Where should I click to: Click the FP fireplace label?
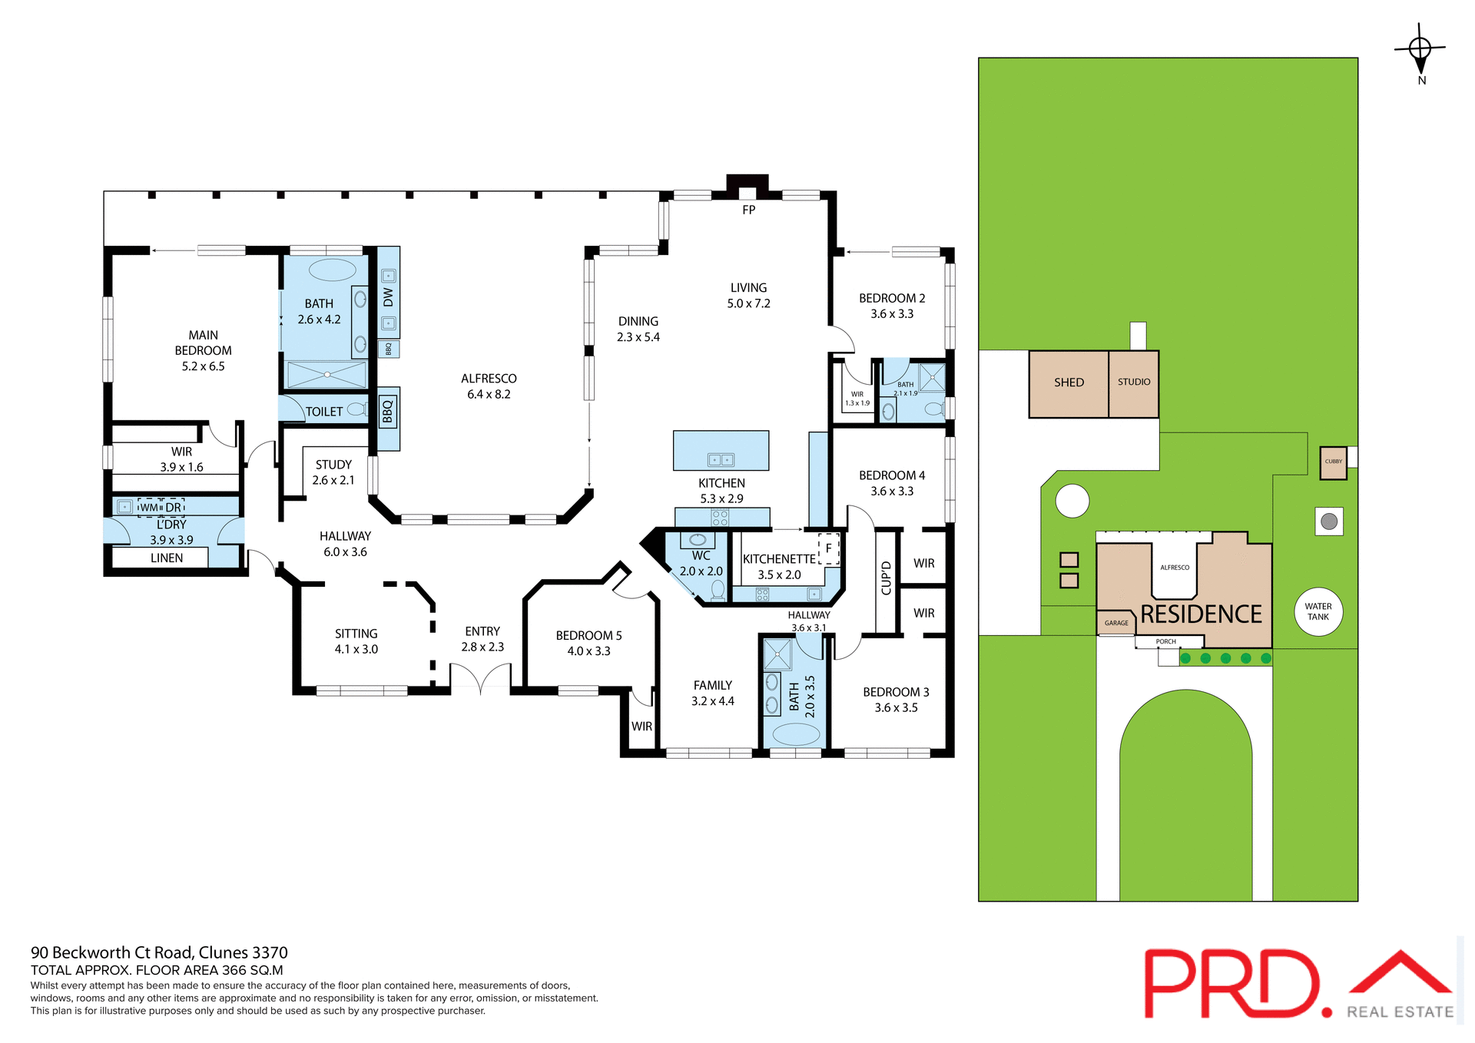tap(748, 210)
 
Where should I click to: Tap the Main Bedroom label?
tap(203, 350)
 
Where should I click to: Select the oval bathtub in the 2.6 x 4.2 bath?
tap(332, 270)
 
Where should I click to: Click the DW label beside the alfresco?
tap(388, 297)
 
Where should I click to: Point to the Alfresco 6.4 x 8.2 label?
tap(489, 386)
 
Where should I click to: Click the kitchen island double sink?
tap(721, 460)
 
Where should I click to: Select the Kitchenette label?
tap(779, 559)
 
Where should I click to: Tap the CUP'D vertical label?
tap(886, 578)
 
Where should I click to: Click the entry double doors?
tap(480, 679)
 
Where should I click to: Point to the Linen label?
tap(167, 558)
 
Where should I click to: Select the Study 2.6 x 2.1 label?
tap(333, 472)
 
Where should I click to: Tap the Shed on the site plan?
tap(1069, 382)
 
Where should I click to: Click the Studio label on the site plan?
tap(1134, 382)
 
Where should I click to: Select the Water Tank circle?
tap(1318, 612)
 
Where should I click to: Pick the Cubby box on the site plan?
tap(1334, 462)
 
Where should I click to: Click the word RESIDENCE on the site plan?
tap(1201, 614)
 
